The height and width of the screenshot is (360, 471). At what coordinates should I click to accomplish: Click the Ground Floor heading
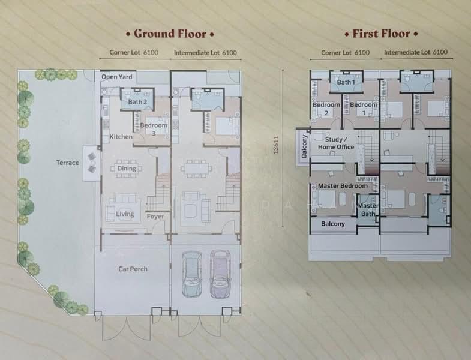170,34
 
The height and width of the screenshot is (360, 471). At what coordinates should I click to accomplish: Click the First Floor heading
381,34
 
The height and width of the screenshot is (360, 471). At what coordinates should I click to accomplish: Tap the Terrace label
68,163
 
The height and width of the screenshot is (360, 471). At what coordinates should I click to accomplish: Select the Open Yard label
117,77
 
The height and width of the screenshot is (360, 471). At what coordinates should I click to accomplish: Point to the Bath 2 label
137,102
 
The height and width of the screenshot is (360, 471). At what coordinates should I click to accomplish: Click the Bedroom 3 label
154,129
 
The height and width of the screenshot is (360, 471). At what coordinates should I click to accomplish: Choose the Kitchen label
121,137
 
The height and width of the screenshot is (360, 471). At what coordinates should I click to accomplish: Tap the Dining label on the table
127,168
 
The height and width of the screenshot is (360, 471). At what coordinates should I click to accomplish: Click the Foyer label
155,217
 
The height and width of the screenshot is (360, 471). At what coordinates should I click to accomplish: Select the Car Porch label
133,269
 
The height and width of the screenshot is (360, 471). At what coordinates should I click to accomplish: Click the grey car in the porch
192,274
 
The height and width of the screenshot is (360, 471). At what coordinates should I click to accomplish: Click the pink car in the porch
220,274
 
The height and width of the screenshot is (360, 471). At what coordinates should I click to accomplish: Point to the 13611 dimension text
276,145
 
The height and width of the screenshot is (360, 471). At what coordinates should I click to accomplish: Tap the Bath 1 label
346,82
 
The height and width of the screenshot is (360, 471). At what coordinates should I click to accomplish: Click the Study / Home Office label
336,143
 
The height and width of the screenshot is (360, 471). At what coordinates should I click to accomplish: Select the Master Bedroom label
343,186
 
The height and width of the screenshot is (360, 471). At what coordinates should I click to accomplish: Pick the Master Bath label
368,210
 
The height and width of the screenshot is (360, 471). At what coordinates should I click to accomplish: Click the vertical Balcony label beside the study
304,146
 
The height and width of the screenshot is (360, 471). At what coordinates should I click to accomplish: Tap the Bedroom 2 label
326,109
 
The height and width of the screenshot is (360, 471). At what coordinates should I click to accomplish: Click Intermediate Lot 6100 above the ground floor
205,53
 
